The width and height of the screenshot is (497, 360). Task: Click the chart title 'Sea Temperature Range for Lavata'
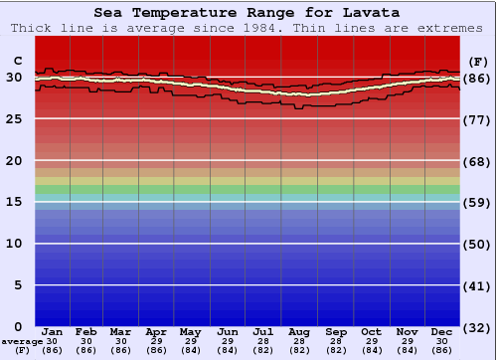248,13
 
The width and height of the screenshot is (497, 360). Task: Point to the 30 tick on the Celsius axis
14,78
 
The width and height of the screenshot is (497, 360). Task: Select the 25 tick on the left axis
14,119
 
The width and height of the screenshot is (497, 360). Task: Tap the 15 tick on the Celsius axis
14,202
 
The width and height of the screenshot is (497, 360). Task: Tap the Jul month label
264,332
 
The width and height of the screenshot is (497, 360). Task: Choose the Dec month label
442,332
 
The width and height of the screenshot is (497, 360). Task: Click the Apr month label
156,332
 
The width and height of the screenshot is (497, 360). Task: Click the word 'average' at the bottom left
21,341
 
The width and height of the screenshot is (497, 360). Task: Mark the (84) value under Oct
371,350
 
